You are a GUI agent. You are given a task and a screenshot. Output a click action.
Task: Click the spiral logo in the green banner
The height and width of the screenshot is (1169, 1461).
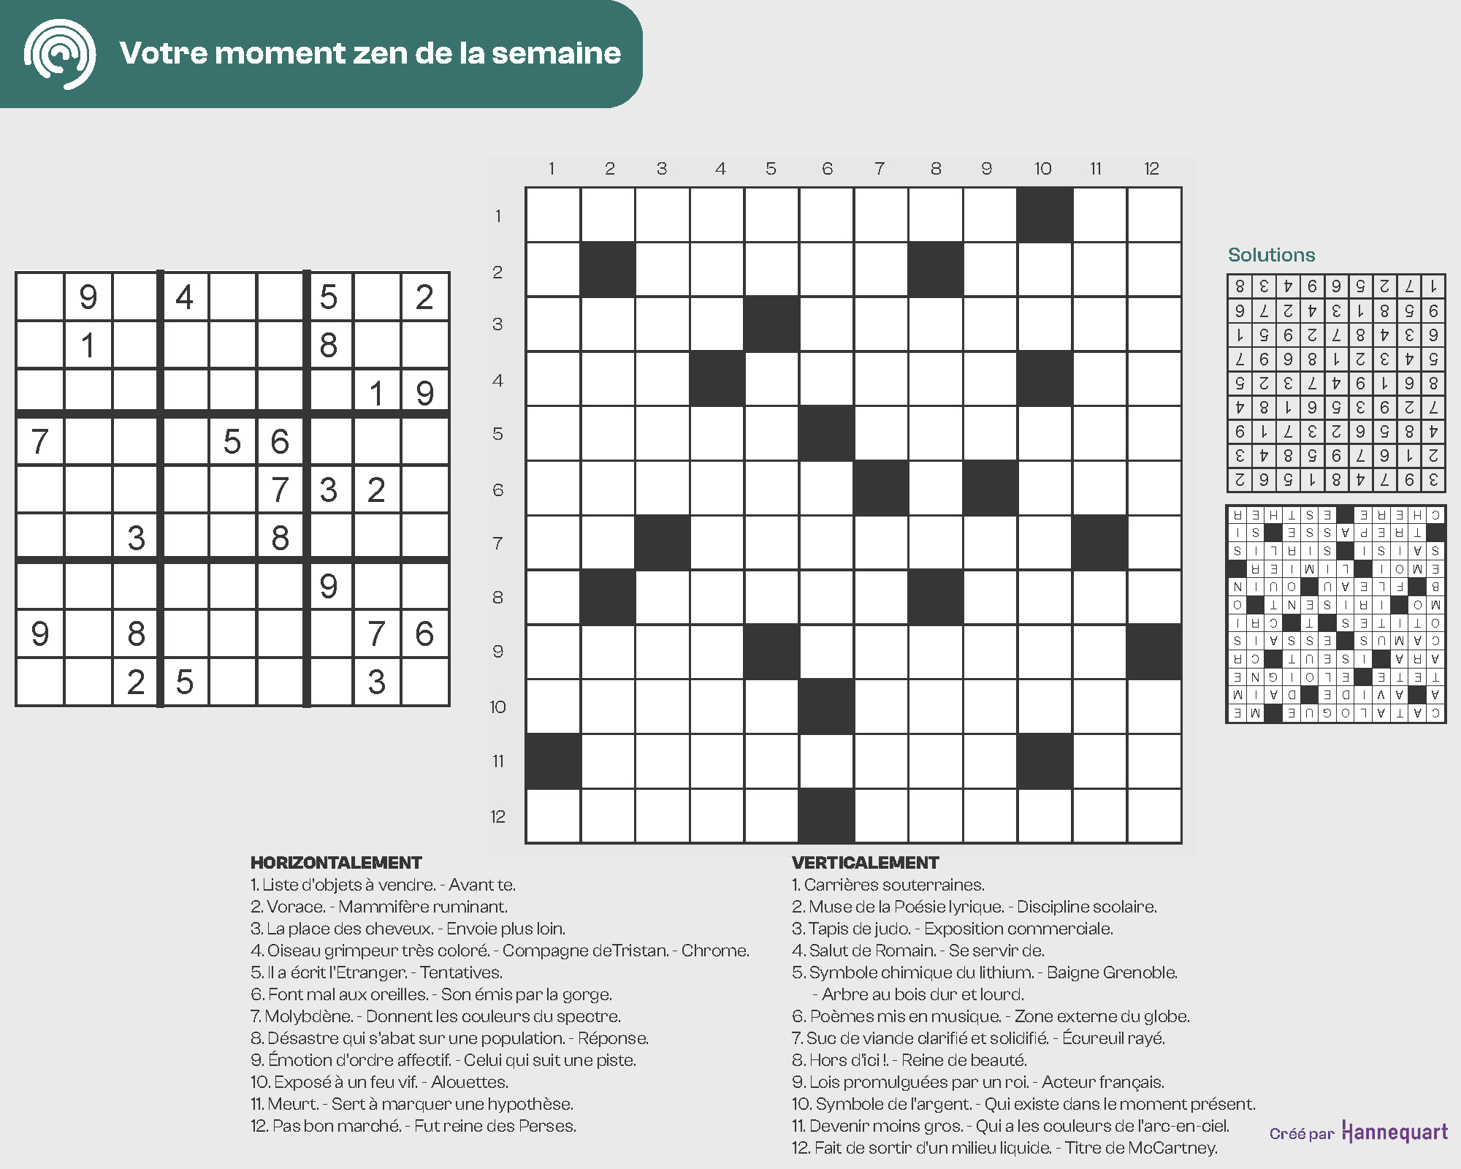(60, 54)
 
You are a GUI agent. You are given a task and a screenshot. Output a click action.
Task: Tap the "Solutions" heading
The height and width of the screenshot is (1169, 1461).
(1271, 255)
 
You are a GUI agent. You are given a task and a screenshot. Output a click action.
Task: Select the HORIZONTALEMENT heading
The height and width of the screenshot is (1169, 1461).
(336, 863)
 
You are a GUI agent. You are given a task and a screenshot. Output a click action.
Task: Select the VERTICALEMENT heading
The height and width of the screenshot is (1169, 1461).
(865, 863)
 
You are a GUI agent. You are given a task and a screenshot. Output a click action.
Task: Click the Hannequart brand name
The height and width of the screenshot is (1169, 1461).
(1395, 1132)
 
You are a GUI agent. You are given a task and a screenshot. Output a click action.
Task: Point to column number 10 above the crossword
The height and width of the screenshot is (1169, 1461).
(1042, 169)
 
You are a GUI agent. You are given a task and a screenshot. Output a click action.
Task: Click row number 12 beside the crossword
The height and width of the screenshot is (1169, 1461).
(497, 816)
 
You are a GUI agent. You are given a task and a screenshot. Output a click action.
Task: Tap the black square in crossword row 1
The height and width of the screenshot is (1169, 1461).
(1045, 215)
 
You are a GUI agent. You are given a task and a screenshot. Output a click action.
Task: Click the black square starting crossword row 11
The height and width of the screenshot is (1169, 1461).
(553, 761)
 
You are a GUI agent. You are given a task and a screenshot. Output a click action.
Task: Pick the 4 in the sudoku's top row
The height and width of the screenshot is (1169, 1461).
(184, 297)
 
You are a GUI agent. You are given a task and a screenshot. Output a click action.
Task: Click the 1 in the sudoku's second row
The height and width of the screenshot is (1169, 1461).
(88, 345)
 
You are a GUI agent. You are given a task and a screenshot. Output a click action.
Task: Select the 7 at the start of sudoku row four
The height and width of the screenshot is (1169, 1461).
(39, 441)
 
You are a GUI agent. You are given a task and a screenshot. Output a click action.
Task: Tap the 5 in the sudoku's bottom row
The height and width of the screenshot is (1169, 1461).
(184, 682)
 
